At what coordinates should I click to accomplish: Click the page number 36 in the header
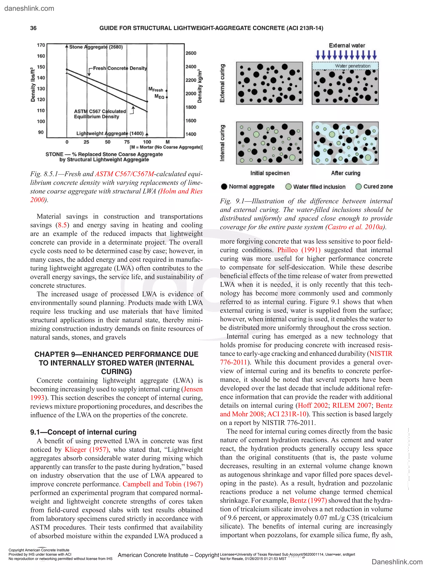pos(33,28)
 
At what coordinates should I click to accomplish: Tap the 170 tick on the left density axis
pos(41,45)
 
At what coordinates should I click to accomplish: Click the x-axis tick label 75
pos(127,142)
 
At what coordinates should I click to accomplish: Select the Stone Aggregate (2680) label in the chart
pos(96,47)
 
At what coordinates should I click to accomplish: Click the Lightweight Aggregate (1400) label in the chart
pos(110,133)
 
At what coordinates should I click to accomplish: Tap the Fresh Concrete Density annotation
pos(120,68)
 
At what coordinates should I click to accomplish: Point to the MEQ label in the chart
pos(159,97)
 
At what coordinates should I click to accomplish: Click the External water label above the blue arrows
pos(347,45)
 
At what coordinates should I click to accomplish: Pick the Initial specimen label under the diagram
pos(270,173)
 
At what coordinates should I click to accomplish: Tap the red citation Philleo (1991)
pos(299,250)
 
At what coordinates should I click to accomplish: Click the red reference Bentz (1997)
pos(308,500)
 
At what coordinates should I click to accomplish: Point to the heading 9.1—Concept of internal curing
pos(83,432)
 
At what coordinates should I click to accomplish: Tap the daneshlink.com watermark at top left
pos(29,8)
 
